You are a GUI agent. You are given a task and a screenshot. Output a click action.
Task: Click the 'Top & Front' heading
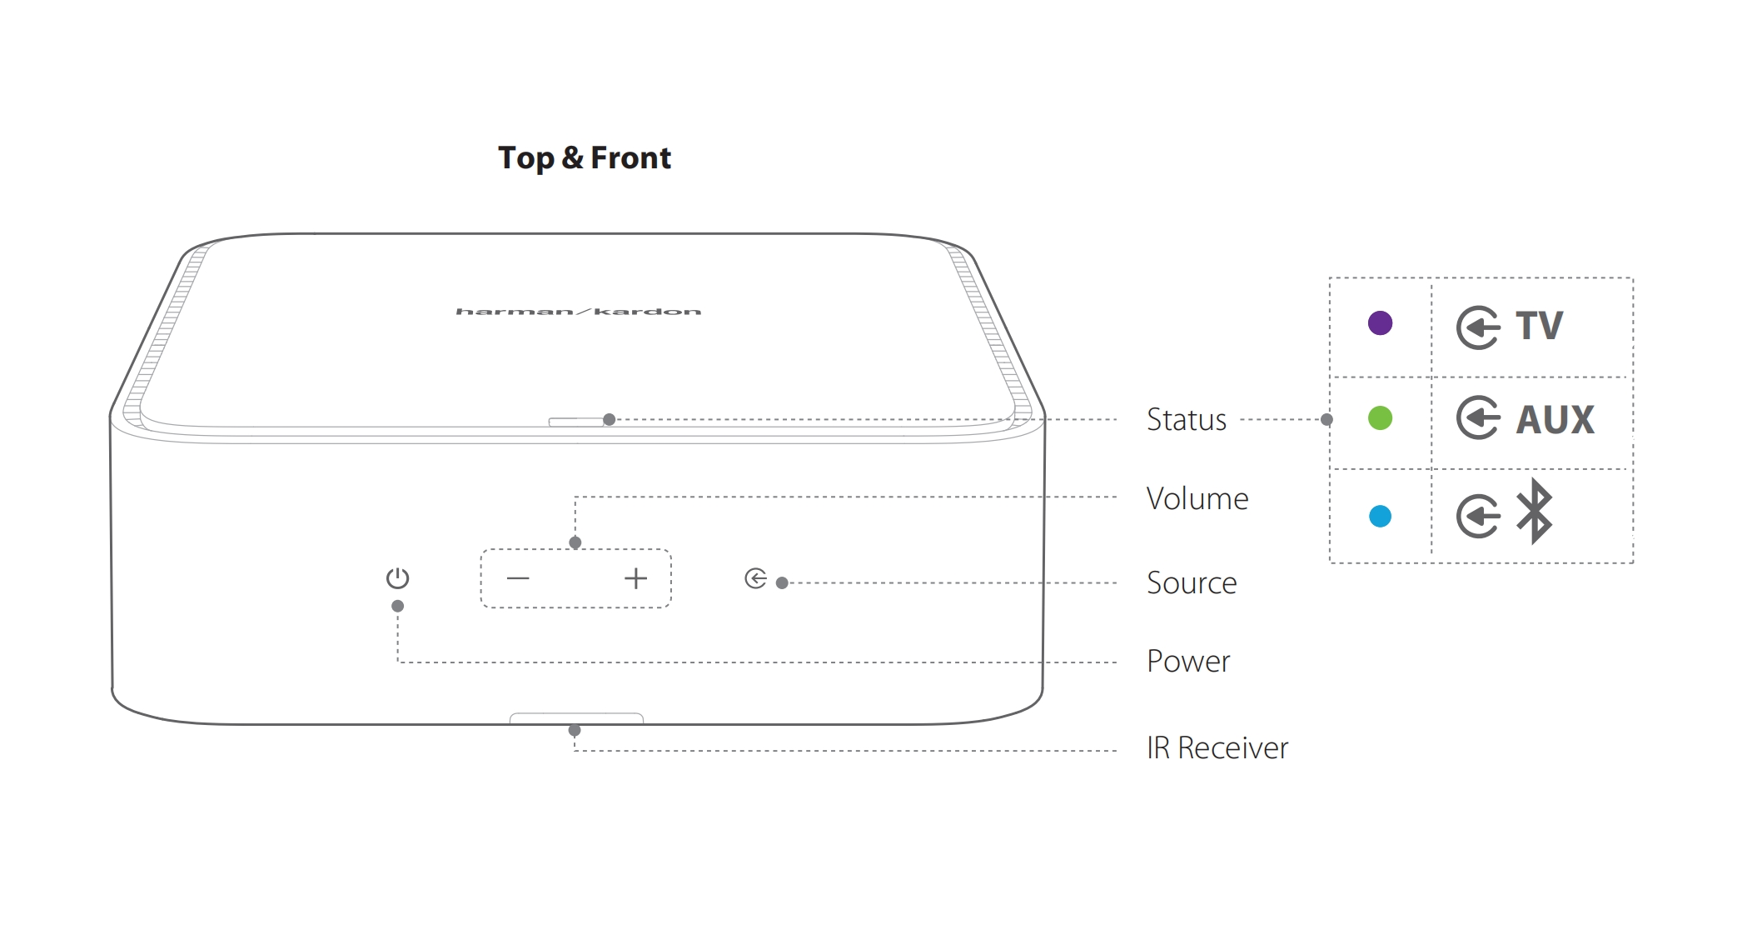(x=584, y=157)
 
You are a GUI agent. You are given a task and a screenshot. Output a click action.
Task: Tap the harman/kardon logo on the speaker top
(x=578, y=312)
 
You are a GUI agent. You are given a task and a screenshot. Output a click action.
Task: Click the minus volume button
(x=518, y=578)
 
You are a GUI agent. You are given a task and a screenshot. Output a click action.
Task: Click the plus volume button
(x=635, y=578)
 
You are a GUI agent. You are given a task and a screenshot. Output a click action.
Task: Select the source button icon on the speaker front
(x=755, y=578)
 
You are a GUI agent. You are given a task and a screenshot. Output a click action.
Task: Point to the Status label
(x=1186, y=420)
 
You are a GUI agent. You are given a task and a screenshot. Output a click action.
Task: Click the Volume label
(x=1197, y=499)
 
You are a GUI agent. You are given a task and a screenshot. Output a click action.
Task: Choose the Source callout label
(x=1191, y=583)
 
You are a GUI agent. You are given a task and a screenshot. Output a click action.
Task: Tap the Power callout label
(x=1187, y=662)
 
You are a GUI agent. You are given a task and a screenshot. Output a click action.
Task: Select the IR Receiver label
(x=1217, y=748)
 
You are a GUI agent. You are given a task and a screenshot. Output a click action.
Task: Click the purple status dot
(x=1380, y=323)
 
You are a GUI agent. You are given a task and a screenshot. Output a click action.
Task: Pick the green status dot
(x=1380, y=418)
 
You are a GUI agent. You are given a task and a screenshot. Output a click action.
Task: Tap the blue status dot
(x=1380, y=517)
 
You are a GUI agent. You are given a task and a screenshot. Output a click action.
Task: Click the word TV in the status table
(x=1539, y=326)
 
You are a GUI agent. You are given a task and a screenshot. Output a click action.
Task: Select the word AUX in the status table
(x=1555, y=419)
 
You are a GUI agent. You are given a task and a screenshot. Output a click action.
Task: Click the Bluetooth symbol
(x=1534, y=512)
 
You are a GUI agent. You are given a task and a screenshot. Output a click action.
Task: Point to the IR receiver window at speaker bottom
(x=576, y=717)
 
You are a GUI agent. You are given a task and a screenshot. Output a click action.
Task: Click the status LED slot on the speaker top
(x=576, y=422)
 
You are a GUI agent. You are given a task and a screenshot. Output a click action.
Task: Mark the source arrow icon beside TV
(x=1478, y=327)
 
